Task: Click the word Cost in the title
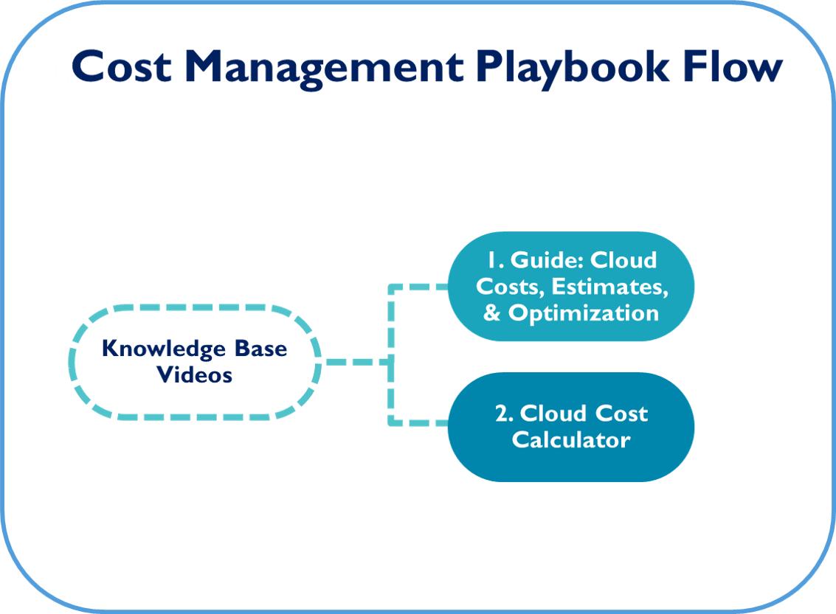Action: tap(122, 67)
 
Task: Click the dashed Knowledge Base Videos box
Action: tap(195, 307)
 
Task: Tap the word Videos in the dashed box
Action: tap(195, 375)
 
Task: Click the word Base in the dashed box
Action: tap(260, 348)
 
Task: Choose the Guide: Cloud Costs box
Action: tap(571, 287)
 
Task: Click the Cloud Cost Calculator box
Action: tap(571, 427)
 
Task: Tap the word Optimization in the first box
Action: tap(583, 314)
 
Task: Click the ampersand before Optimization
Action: tap(491, 313)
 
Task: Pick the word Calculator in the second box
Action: tap(571, 440)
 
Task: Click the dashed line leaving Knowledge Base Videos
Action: tap(356, 362)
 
